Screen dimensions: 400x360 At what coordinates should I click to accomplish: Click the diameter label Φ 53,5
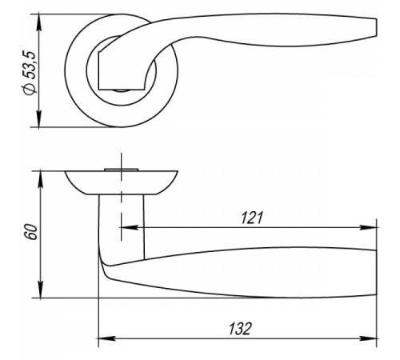pos(30,73)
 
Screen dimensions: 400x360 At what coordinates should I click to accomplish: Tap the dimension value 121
pos(252,218)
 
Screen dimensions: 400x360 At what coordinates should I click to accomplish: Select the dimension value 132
pos(240,329)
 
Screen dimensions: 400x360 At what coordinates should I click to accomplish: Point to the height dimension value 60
pos(30,232)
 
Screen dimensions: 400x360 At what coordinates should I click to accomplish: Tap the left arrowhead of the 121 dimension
pos(130,227)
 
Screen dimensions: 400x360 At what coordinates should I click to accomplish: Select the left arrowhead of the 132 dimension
pos(107,338)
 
